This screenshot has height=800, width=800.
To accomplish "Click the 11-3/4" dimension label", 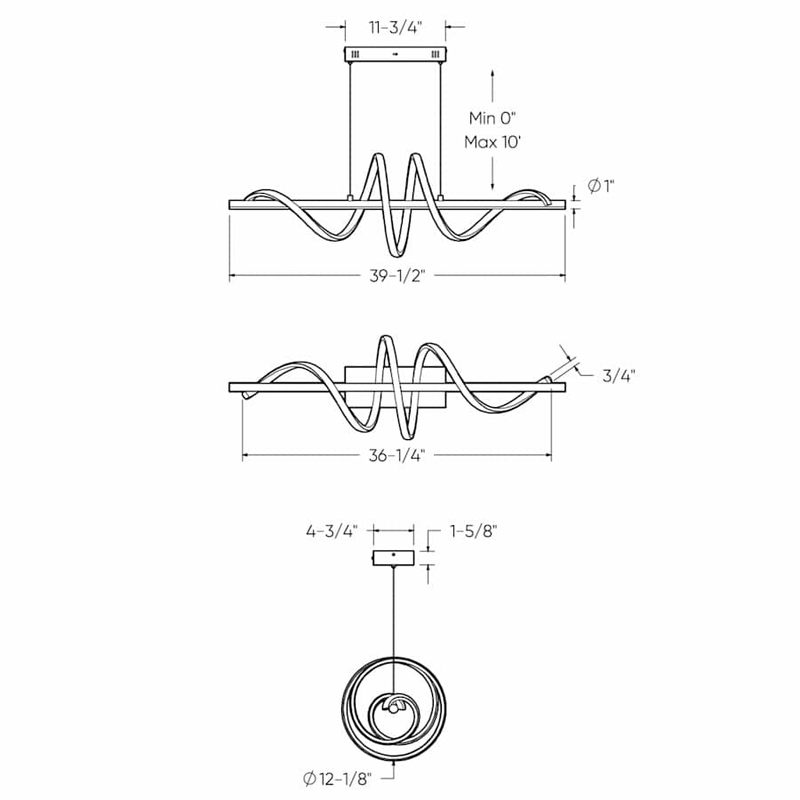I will (396, 28).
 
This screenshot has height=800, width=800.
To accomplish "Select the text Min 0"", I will (492, 117).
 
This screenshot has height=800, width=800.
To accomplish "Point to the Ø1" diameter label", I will (602, 187).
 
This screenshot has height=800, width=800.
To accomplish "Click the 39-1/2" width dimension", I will (398, 276).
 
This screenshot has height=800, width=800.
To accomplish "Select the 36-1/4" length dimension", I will (397, 456).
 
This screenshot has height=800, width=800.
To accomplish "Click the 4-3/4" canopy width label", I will (331, 532).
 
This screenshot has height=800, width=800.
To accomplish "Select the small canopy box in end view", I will (394, 557).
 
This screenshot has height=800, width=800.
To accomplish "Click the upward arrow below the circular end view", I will (394, 762).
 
